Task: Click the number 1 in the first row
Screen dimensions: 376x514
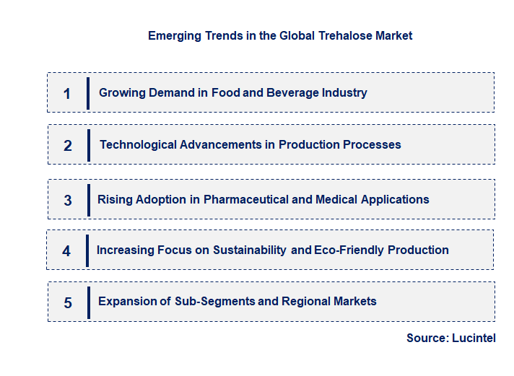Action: tap(67, 94)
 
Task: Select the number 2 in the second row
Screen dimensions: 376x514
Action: tap(68, 146)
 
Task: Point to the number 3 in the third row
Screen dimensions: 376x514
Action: tap(68, 201)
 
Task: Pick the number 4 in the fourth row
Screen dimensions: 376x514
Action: tap(66, 251)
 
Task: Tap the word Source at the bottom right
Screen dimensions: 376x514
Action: tap(426, 338)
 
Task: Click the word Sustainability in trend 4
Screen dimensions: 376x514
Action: tap(248, 250)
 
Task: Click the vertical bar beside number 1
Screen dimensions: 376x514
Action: tap(88, 93)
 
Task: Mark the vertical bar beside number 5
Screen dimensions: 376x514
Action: tap(88, 302)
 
